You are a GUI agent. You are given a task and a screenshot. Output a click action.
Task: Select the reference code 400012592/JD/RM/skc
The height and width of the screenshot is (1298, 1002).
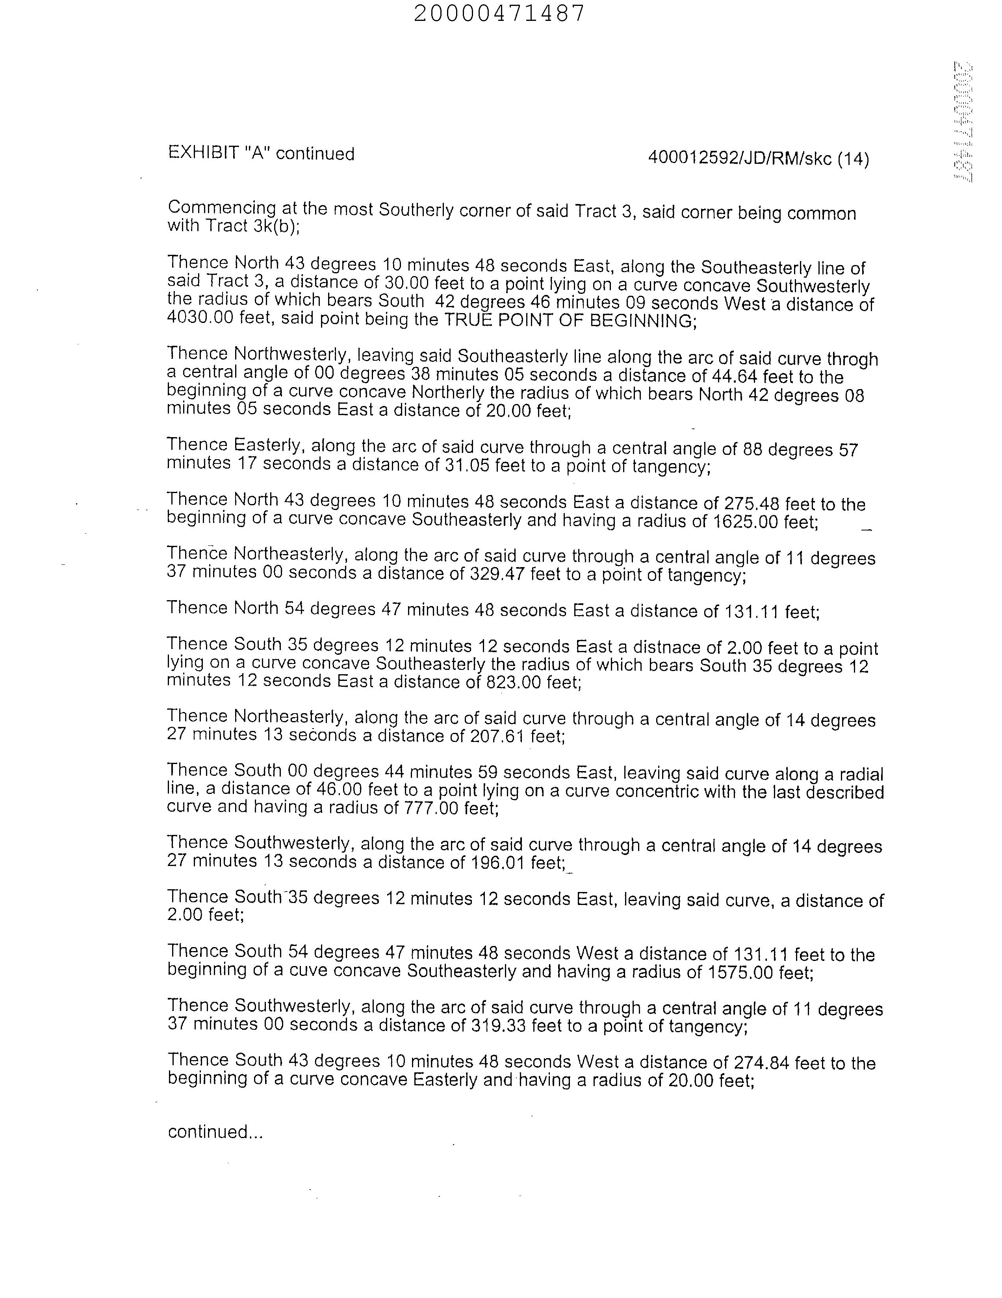[x=739, y=159]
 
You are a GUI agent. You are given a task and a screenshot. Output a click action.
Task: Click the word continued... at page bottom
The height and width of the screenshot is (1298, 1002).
[x=215, y=1131]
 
